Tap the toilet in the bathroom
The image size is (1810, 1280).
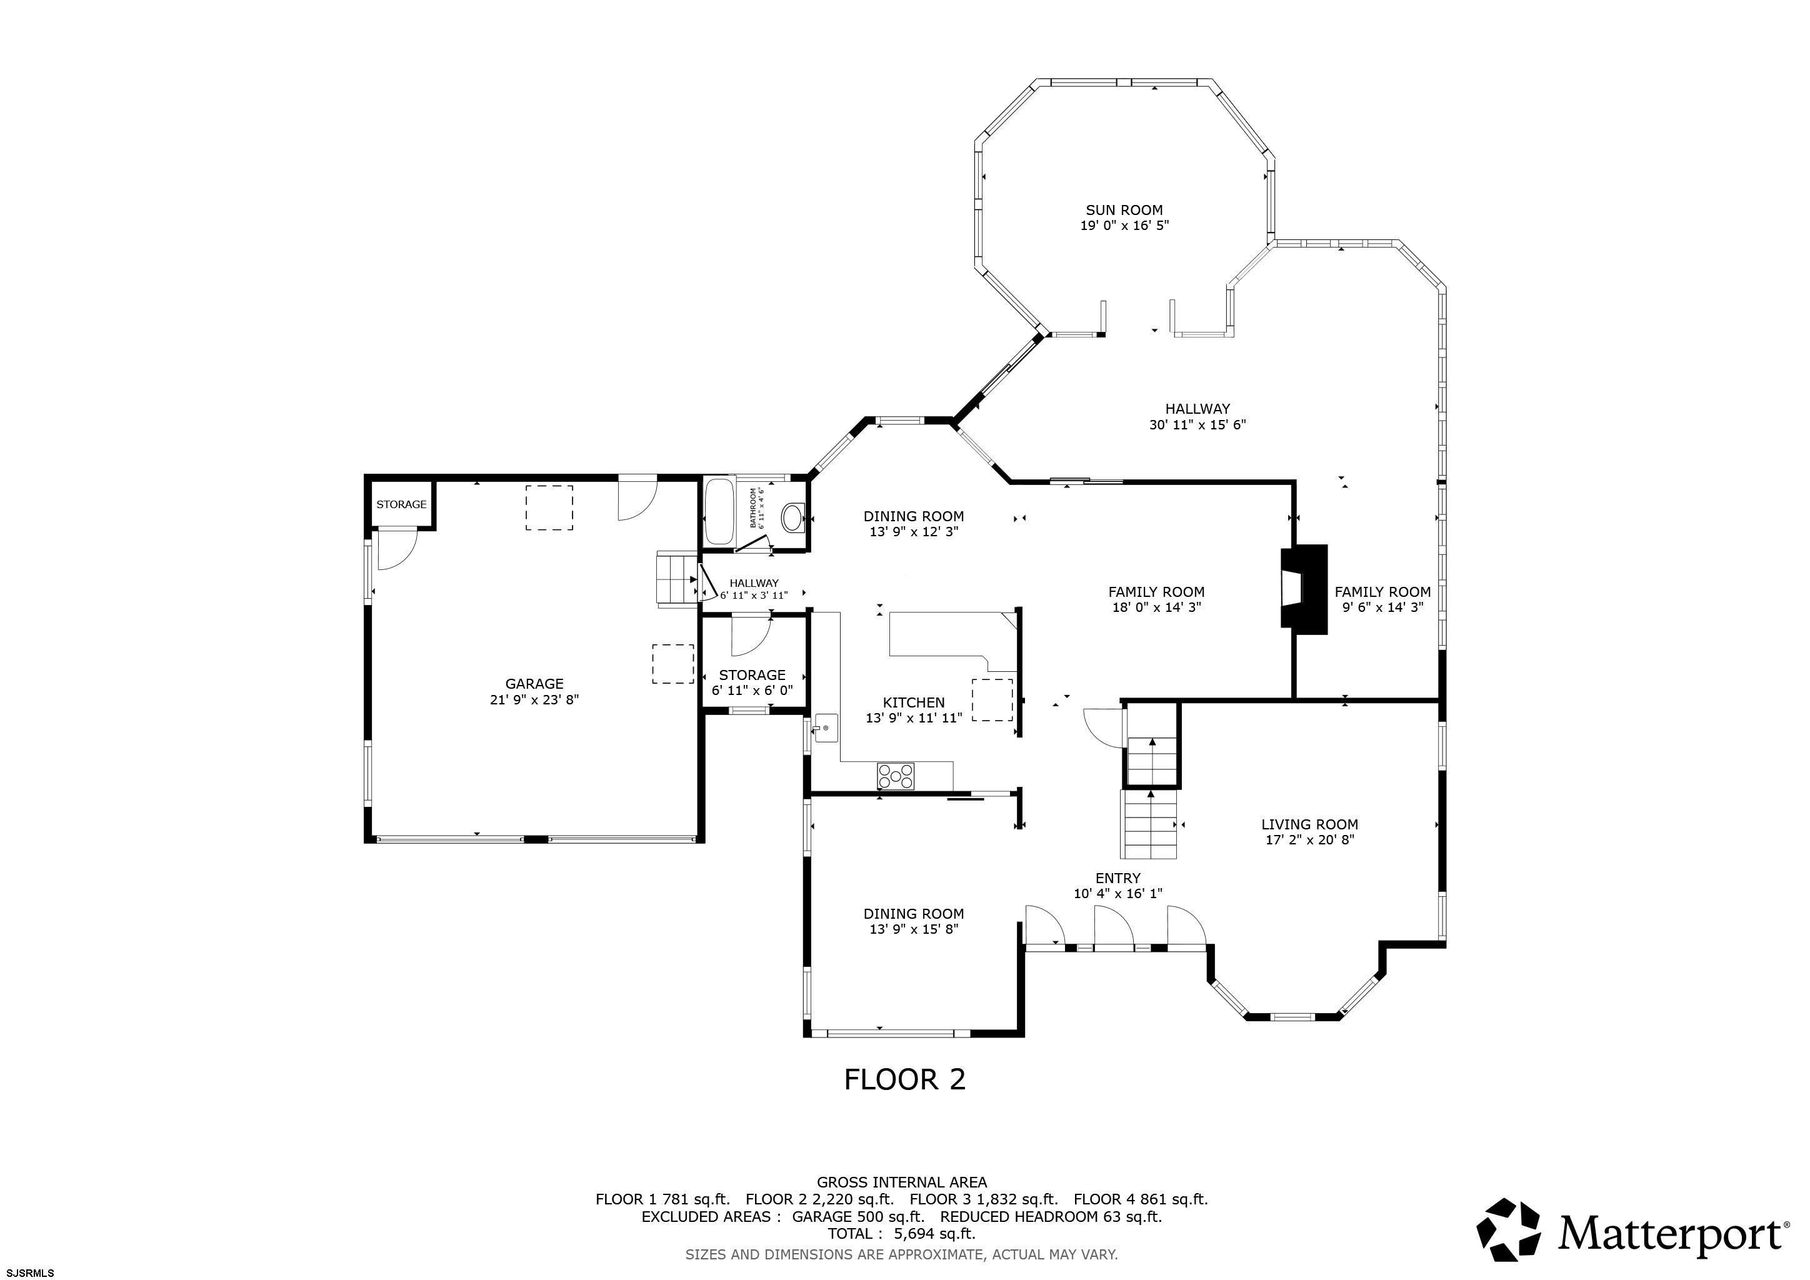click(791, 517)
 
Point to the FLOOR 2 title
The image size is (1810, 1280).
click(904, 1079)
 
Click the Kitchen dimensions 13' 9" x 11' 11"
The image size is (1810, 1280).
click(914, 718)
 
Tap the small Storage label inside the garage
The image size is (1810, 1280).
click(401, 504)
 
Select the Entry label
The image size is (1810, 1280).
click(1118, 878)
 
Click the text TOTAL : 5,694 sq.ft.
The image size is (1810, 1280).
click(902, 1234)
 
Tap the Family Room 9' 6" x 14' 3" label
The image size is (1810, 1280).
click(1382, 599)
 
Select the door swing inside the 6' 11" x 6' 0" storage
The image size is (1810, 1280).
click(751, 637)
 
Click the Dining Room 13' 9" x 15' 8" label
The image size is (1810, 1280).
click(914, 921)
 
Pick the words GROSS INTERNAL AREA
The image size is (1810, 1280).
click(902, 1182)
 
